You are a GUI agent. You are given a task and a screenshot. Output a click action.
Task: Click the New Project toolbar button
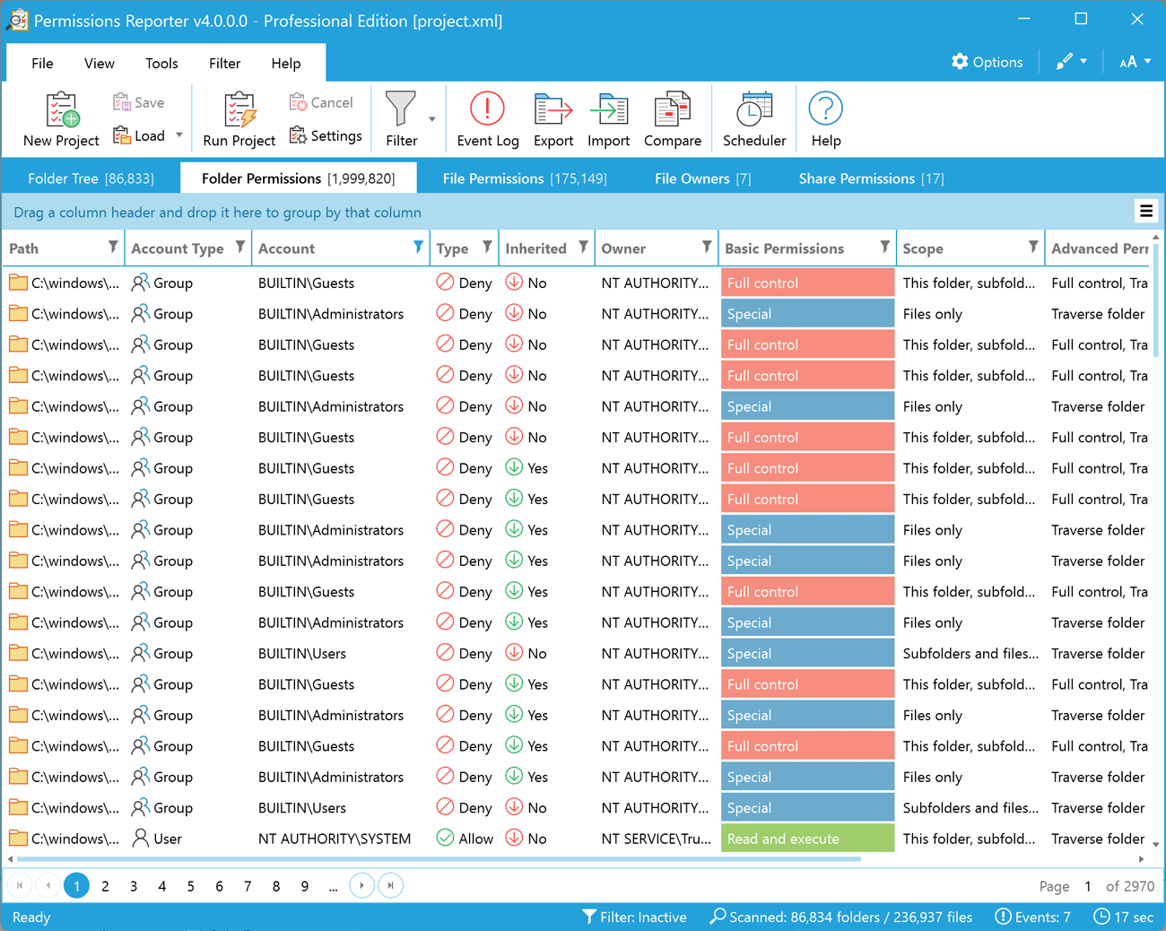coord(61,119)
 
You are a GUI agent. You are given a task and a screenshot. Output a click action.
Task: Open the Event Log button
coord(487,119)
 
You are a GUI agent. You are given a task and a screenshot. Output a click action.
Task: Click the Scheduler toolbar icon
coord(754,119)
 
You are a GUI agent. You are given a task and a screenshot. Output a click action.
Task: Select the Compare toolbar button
coord(672,119)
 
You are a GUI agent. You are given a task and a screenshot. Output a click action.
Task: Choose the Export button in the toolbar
coord(553,119)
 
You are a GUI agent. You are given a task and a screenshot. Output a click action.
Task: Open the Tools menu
coord(161,64)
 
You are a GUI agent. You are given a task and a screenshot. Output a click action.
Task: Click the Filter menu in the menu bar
coord(224,64)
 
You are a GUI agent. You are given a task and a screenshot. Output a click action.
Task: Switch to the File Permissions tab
coord(525,178)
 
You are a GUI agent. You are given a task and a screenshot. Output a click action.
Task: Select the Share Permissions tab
coord(871,178)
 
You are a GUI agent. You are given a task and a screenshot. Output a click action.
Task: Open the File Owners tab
coord(702,178)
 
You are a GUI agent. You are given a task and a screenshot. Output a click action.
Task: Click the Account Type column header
coord(178,248)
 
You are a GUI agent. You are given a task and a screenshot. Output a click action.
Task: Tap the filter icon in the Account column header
coord(418,248)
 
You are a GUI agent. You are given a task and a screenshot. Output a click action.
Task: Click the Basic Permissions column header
coord(784,248)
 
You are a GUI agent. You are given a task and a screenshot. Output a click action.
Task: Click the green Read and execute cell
coord(806,839)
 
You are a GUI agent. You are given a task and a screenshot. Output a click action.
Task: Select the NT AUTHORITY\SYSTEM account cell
coord(335,839)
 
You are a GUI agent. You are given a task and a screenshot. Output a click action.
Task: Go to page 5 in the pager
coord(191,886)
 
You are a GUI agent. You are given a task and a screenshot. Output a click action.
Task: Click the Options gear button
coord(987,62)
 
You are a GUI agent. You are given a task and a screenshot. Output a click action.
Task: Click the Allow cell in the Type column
coord(465,839)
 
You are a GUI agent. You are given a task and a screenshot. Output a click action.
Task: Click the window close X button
coord(1136,20)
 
